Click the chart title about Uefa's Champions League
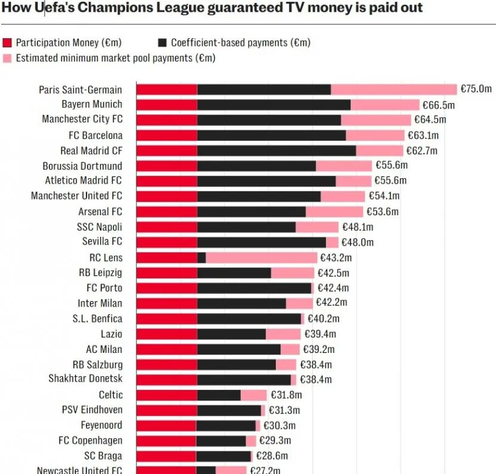[212, 8]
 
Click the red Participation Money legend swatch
[8, 42]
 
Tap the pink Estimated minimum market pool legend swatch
[8, 58]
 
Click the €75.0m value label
[476, 89]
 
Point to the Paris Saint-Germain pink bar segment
[393, 89]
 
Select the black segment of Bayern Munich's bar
[274, 104]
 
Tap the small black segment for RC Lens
[201, 258]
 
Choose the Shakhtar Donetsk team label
[85, 379]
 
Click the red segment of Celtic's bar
[167, 395]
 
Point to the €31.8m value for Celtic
[286, 395]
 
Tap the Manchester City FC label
[82, 119]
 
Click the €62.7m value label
[421, 150]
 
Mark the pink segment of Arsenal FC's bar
[334, 212]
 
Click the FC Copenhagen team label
[90, 441]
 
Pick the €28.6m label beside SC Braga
[272, 456]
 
